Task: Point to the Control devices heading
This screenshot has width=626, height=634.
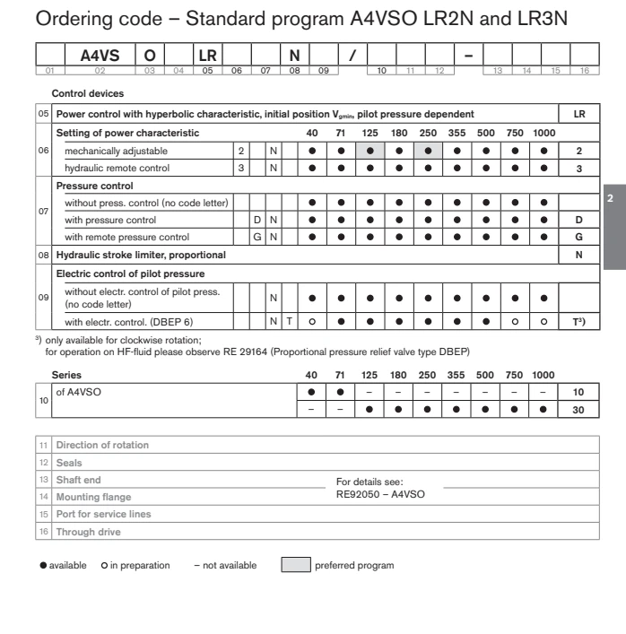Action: pyautogui.click(x=87, y=93)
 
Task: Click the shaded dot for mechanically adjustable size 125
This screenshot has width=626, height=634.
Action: pyautogui.click(x=370, y=152)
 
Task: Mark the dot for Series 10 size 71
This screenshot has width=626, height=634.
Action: pyautogui.click(x=340, y=392)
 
